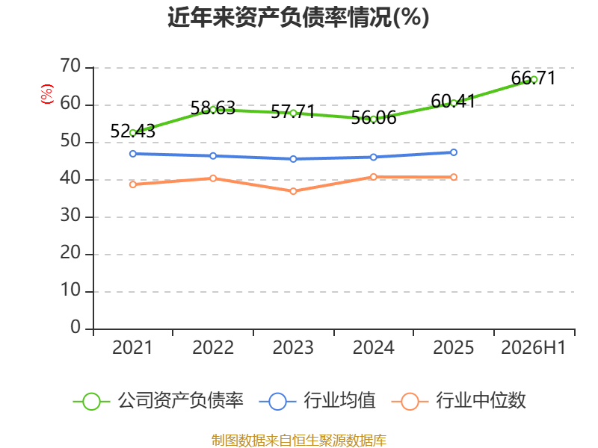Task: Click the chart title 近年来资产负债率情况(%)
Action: [298, 17]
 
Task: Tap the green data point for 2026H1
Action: [534, 80]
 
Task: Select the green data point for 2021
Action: [133, 133]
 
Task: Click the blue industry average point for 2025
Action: [454, 152]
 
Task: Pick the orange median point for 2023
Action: [293, 191]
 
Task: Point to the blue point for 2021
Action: [133, 154]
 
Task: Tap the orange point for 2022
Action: [213, 178]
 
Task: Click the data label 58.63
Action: [213, 108]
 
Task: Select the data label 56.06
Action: [373, 118]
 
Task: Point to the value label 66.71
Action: [533, 78]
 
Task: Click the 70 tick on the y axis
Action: [70, 66]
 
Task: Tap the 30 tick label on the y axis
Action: [70, 216]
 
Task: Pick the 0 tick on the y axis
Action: [75, 328]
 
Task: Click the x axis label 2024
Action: [373, 348]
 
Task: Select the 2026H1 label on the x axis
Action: [533, 348]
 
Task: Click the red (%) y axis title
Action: [47, 94]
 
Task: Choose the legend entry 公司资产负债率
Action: [158, 401]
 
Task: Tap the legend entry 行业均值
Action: [317, 401]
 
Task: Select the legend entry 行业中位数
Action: [459, 401]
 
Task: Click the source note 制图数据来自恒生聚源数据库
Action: [299, 440]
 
